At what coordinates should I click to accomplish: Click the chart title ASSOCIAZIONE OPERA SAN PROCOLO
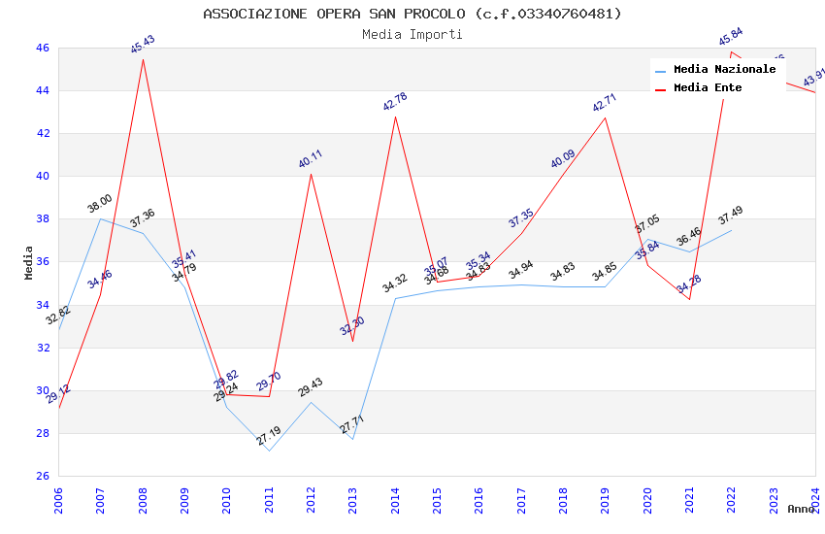pyautogui.click(x=412, y=14)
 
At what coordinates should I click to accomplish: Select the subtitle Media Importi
pyautogui.click(x=412, y=34)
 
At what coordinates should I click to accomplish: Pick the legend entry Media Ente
pyautogui.click(x=708, y=87)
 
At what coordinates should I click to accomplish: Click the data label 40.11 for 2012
pyautogui.click(x=311, y=159)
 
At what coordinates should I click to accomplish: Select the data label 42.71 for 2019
pyautogui.click(x=605, y=103)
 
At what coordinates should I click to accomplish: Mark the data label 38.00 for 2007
pyautogui.click(x=100, y=204)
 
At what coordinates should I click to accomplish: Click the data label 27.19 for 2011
pyautogui.click(x=269, y=437)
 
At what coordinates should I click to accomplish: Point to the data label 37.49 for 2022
pyautogui.click(x=731, y=216)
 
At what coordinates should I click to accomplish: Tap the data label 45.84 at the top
pyautogui.click(x=731, y=38)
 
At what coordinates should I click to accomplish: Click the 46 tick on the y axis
pyautogui.click(x=42, y=48)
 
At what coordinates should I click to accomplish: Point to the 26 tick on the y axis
pyautogui.click(x=42, y=476)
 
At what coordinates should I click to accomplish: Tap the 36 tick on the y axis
pyautogui.click(x=42, y=262)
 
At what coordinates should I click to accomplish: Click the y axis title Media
pyautogui.click(x=29, y=262)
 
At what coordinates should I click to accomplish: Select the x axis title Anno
pyautogui.click(x=801, y=509)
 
